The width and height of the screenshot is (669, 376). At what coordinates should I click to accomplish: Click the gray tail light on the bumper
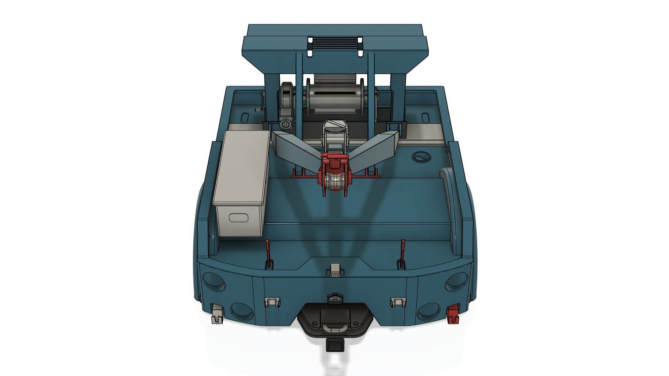pyautogui.click(x=217, y=313)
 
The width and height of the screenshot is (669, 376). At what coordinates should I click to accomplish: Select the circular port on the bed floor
pyautogui.click(x=422, y=157)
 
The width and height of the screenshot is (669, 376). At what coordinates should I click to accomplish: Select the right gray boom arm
pyautogui.click(x=375, y=146)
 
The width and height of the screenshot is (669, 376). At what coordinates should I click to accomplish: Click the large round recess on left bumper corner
pyautogui.click(x=213, y=282)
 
